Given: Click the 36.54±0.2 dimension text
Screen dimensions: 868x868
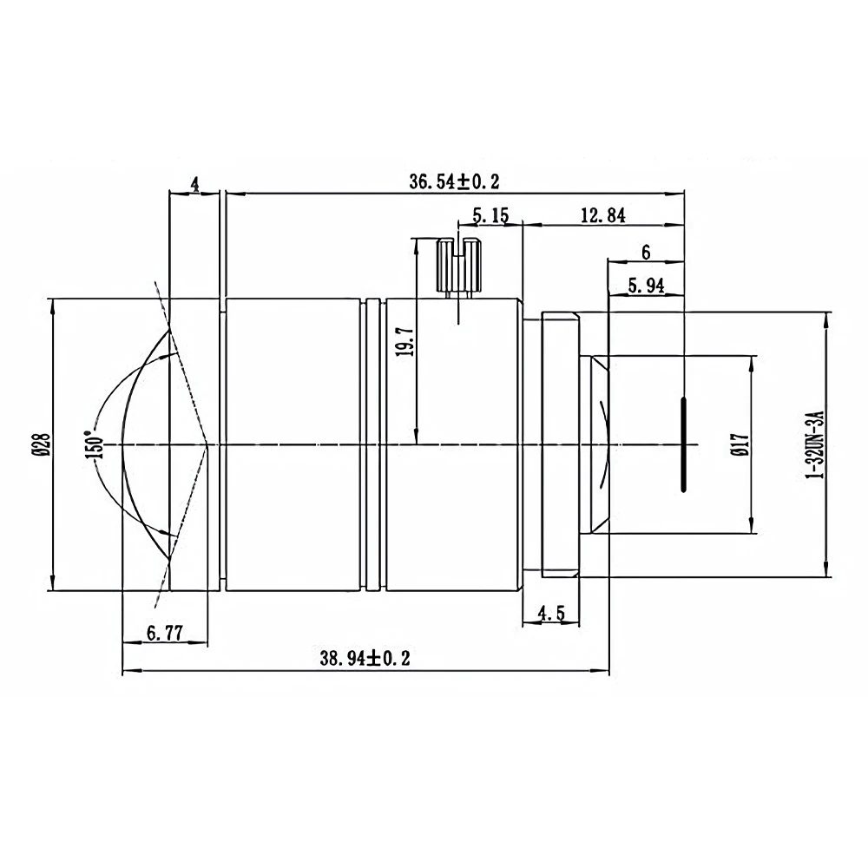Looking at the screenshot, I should [x=455, y=181].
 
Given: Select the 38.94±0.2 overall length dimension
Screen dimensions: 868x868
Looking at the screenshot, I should [x=365, y=659].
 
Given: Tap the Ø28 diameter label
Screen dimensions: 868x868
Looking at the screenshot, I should [x=39, y=444].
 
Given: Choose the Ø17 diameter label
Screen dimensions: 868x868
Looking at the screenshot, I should [x=740, y=444].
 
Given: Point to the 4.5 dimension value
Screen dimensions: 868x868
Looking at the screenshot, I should [x=551, y=614].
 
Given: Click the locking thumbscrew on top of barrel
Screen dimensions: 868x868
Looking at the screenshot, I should [x=457, y=265].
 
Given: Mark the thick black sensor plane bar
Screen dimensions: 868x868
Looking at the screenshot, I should [x=683, y=444].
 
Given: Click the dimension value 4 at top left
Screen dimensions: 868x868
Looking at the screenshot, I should [x=194, y=183].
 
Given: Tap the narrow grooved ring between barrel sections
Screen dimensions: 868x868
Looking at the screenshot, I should [x=372, y=444].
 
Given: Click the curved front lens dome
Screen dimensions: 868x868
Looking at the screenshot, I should [x=143, y=444].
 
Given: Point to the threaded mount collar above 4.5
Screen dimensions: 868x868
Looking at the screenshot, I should [x=560, y=444].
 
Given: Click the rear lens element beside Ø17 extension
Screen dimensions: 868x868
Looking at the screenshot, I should [x=598, y=444].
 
